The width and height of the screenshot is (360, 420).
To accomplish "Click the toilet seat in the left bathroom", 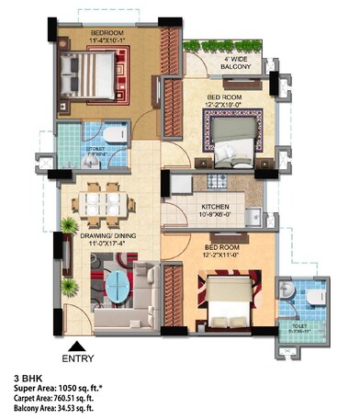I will coord(113,135).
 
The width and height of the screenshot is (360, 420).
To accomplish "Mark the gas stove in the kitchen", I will coord(213,177).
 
